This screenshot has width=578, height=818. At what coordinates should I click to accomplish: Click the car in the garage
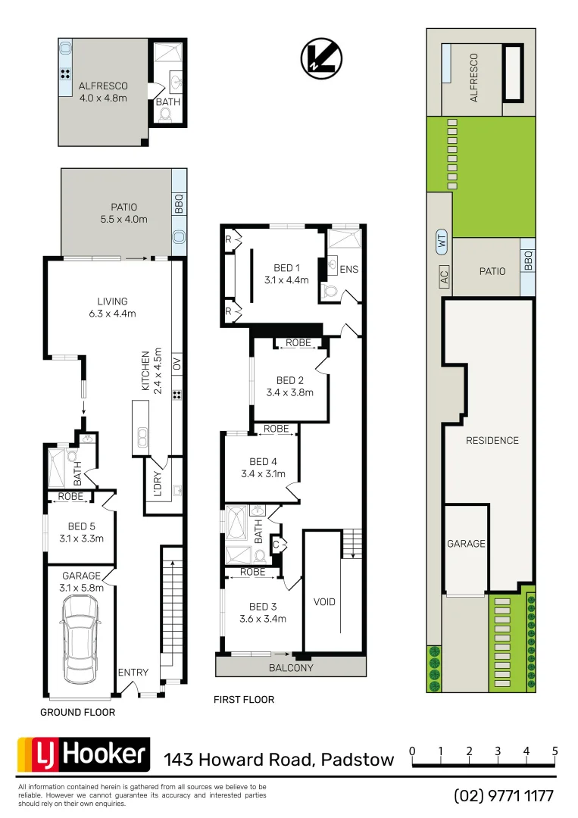point(80,637)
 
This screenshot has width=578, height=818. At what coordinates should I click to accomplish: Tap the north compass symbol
point(321,58)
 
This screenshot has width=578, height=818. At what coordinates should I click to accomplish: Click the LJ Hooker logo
point(83,754)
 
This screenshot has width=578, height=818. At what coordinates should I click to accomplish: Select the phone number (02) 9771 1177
point(504,796)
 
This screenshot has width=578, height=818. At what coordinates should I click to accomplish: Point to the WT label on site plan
point(442,242)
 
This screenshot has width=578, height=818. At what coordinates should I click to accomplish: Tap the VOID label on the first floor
point(324,602)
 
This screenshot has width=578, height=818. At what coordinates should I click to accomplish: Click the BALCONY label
point(291,668)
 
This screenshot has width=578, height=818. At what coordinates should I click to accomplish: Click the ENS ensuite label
point(349,269)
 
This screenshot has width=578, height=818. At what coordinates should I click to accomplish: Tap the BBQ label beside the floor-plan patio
point(179,203)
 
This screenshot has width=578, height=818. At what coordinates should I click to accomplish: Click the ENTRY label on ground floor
point(133,673)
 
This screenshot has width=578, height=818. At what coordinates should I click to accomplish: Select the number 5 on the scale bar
point(555,751)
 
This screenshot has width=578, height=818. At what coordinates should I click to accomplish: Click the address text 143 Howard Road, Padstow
point(279,759)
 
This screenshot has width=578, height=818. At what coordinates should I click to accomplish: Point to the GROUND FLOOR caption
point(77,713)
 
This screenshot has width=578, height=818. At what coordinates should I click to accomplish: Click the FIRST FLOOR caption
point(244,700)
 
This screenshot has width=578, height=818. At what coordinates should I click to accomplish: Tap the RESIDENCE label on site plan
point(492,440)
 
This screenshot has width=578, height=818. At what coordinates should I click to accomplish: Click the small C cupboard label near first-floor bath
point(276,544)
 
